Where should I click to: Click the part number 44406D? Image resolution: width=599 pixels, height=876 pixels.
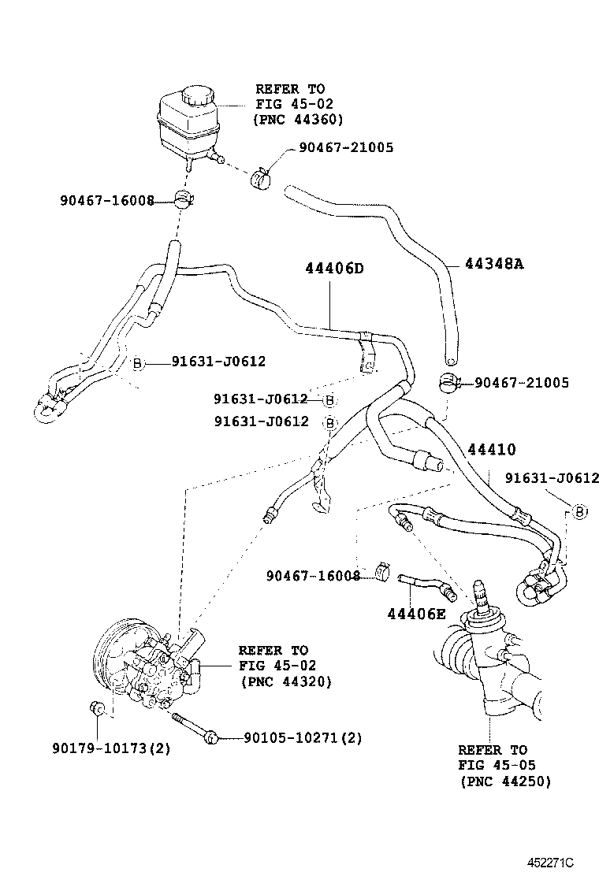[x=334, y=269]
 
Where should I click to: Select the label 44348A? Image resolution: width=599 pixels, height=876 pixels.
[x=494, y=263]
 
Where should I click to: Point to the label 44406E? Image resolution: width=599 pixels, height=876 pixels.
[x=416, y=614]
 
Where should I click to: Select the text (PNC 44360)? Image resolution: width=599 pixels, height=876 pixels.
[x=298, y=120]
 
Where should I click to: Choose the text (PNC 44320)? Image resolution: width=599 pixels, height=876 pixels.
[x=285, y=681]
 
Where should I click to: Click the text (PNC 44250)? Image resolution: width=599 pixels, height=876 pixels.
[x=504, y=781]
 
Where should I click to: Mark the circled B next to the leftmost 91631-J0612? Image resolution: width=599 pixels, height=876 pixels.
[x=136, y=362]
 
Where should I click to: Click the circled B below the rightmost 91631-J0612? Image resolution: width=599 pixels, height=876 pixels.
[x=579, y=512]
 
